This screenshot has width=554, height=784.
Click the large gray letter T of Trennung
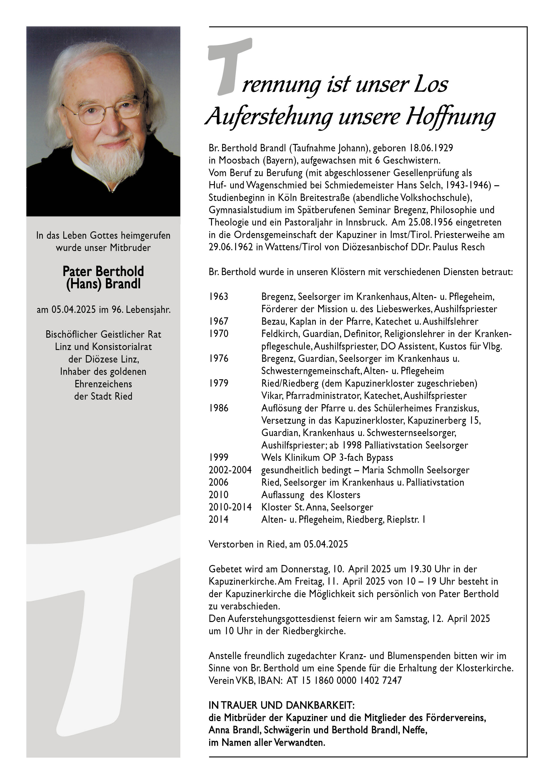[229, 65]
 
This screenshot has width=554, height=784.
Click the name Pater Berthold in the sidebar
[103, 272]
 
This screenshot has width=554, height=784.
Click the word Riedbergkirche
[314, 631]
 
